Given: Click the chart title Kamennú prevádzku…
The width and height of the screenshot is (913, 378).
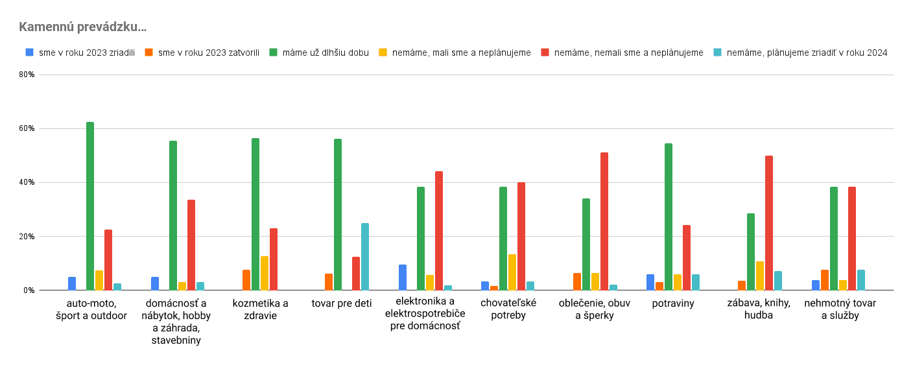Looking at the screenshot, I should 82,27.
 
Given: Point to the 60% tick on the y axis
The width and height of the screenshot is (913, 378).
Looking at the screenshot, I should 27,128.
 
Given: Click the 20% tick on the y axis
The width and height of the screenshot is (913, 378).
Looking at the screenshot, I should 27,237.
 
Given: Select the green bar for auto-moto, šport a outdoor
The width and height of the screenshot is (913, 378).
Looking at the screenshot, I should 90,206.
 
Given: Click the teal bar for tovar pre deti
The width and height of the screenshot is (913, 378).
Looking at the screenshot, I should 365,257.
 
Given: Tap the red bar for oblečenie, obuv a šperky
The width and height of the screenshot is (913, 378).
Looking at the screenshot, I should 604,221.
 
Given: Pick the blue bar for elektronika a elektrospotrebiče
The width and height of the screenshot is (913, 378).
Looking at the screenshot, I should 403,278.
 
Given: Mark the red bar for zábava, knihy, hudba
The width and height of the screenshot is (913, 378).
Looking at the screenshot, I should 769,223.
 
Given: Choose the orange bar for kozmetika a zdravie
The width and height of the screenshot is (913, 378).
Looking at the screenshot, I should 246,280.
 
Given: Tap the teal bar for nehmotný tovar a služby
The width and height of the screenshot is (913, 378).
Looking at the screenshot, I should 861,280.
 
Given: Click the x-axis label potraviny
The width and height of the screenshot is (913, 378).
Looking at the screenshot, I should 673,303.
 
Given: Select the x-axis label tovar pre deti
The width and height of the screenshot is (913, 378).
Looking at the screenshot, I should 342,303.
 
